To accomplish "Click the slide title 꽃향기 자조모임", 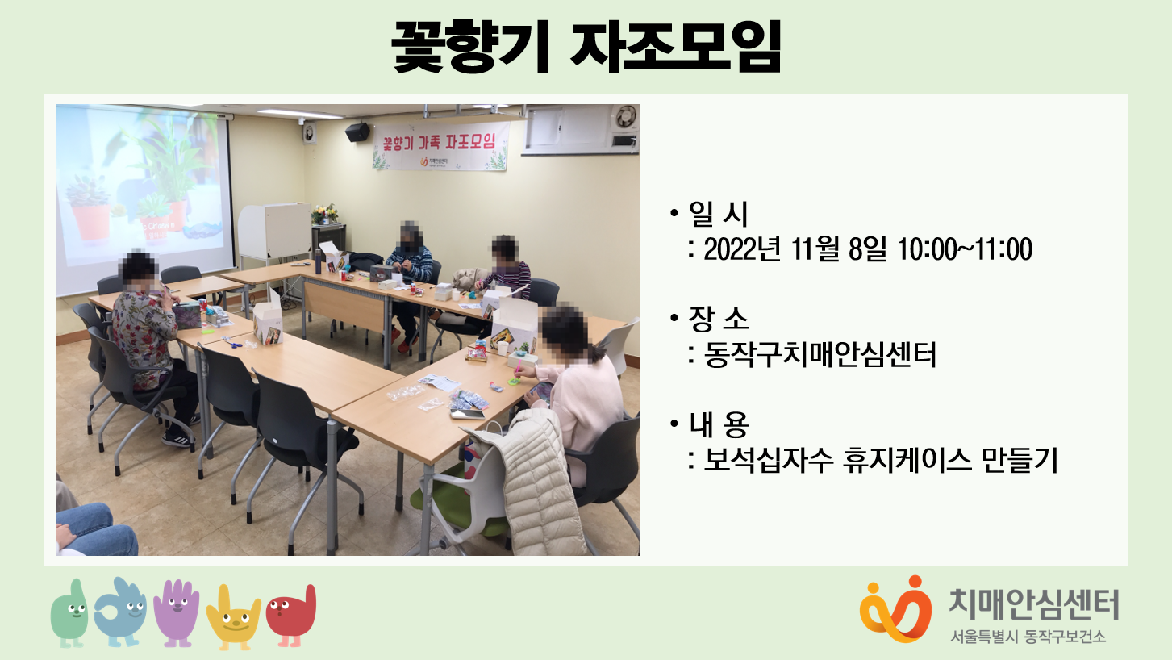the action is pyautogui.click(x=586, y=46).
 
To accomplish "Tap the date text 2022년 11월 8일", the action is pyautogui.click(x=795, y=249).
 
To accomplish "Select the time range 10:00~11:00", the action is pyautogui.click(x=965, y=249).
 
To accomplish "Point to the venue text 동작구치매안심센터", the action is pyautogui.click(x=820, y=354).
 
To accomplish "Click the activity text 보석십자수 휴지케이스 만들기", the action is pyautogui.click(x=881, y=460).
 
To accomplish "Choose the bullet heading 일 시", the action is pyautogui.click(x=719, y=214).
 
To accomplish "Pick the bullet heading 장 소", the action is pyautogui.click(x=719, y=319).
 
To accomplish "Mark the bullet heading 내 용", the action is pyautogui.click(x=719, y=424).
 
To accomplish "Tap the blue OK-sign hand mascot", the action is pyautogui.click(x=120, y=612).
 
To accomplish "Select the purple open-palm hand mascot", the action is pyautogui.click(x=177, y=612).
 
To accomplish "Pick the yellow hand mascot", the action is pyautogui.click(x=233, y=617).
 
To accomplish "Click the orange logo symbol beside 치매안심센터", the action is pyautogui.click(x=895, y=609).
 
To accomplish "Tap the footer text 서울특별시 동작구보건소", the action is pyautogui.click(x=1028, y=637).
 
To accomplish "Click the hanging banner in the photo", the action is pyautogui.click(x=440, y=146).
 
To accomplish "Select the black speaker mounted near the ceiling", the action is pyautogui.click(x=357, y=132).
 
